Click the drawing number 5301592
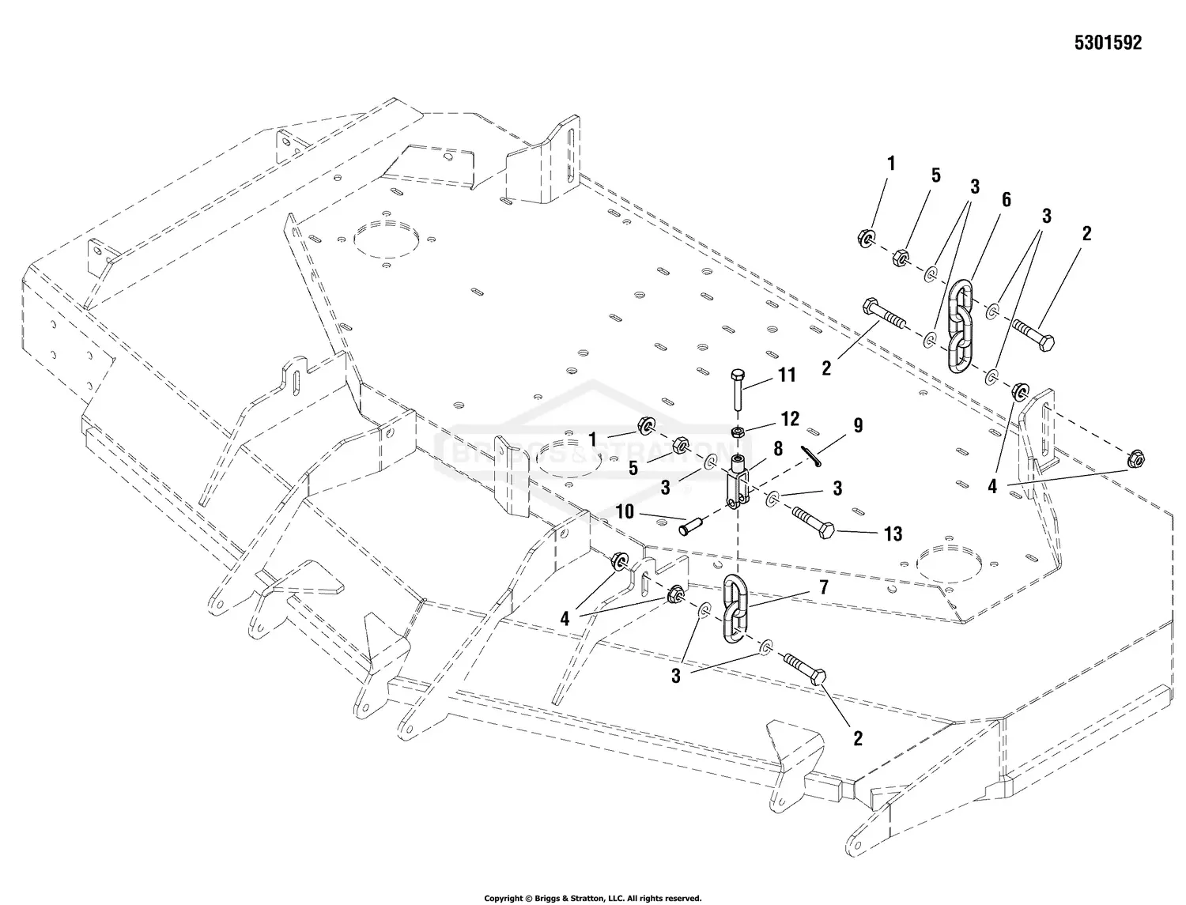(x=1107, y=43)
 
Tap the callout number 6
(x=1006, y=200)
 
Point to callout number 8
(x=778, y=449)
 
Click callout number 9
(x=858, y=426)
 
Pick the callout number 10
(x=625, y=511)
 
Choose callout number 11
(x=787, y=375)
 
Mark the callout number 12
(x=790, y=419)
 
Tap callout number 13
(x=893, y=535)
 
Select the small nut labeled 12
(x=737, y=432)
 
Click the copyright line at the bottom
(x=592, y=898)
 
